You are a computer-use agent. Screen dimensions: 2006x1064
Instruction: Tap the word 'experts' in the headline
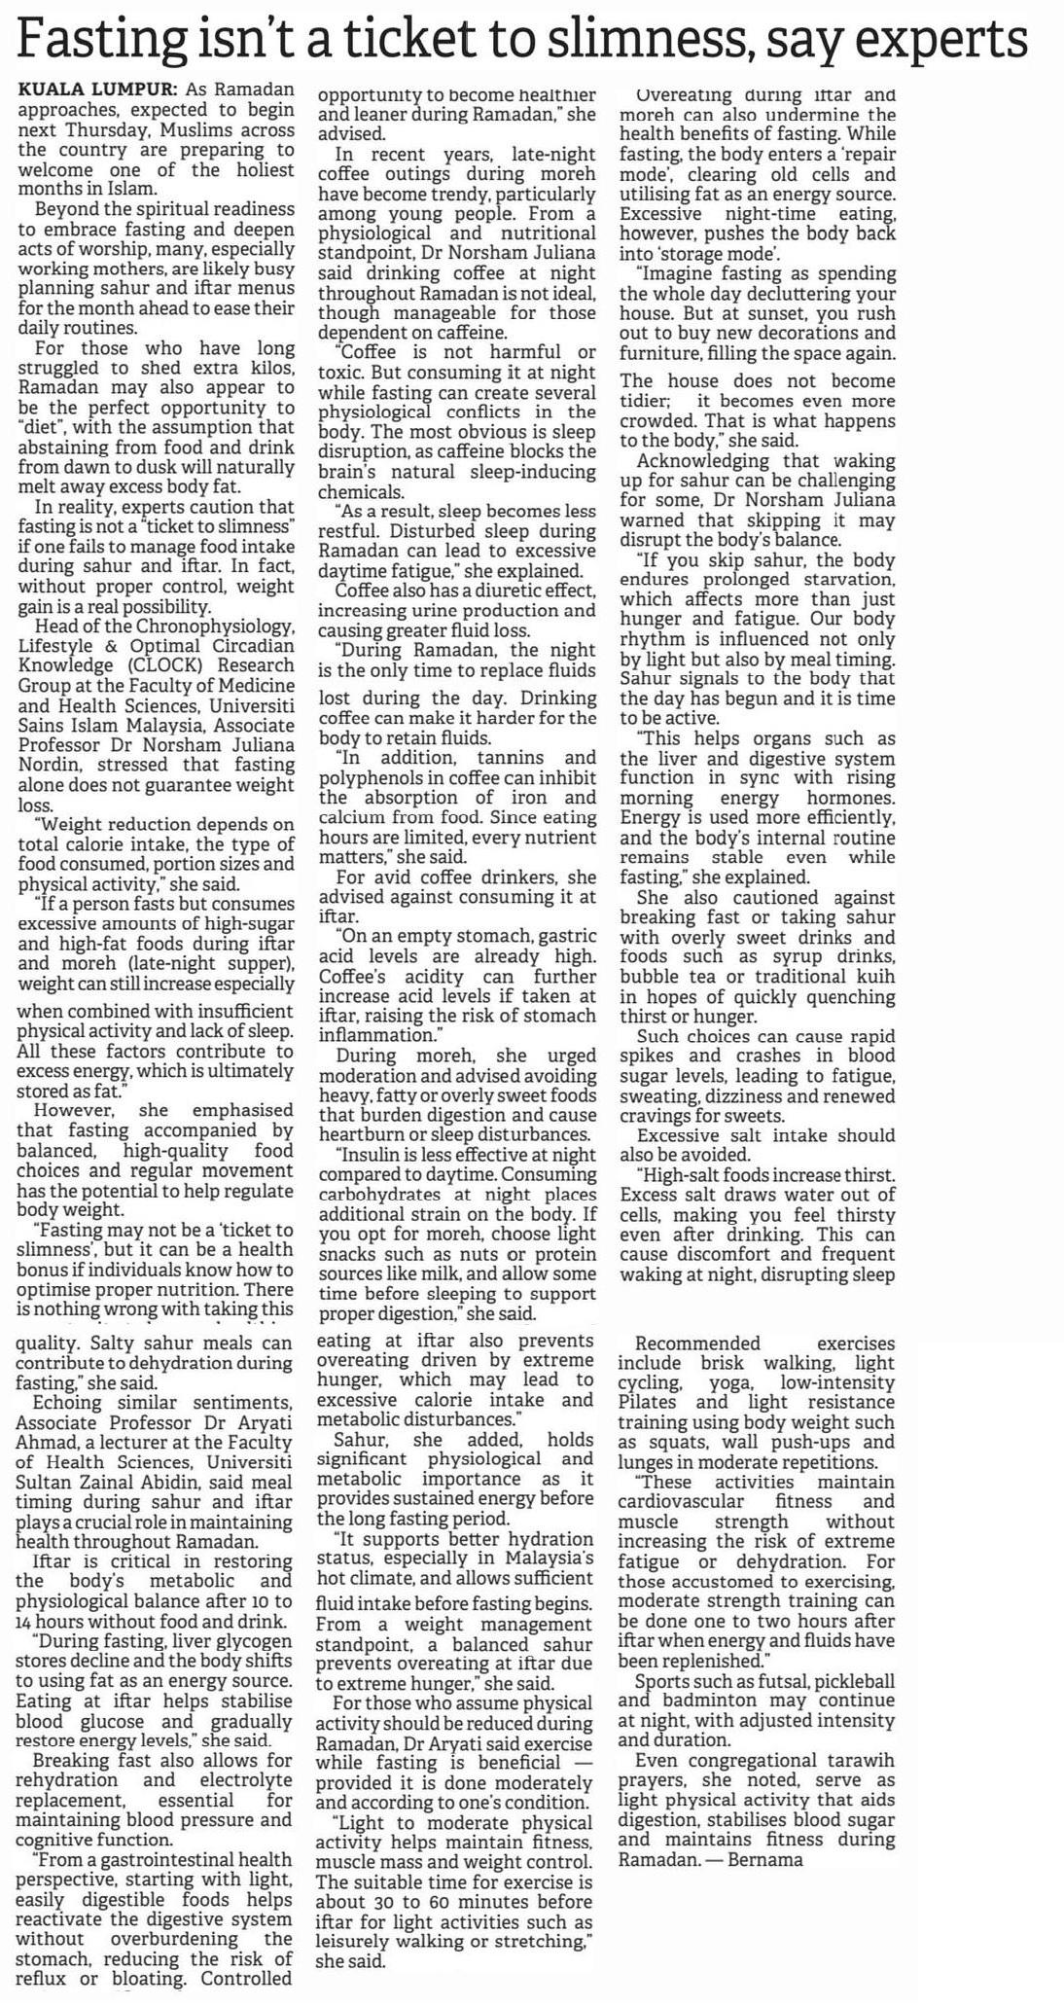(934, 41)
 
